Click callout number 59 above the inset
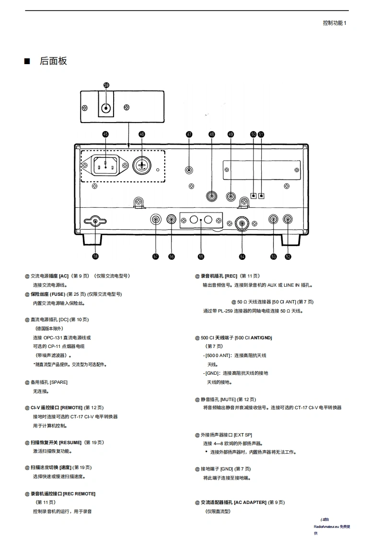point(106,85)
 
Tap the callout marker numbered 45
point(105,134)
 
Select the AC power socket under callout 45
point(105,166)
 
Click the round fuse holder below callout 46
point(142,166)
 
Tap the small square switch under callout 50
point(254,195)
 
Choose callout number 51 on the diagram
point(261,134)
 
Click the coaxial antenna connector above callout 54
point(242,223)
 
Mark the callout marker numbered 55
point(201,257)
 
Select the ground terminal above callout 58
point(95,221)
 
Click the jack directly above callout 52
point(288,219)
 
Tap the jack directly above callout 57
point(156,219)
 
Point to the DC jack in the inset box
point(106,107)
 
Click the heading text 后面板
point(53,61)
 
